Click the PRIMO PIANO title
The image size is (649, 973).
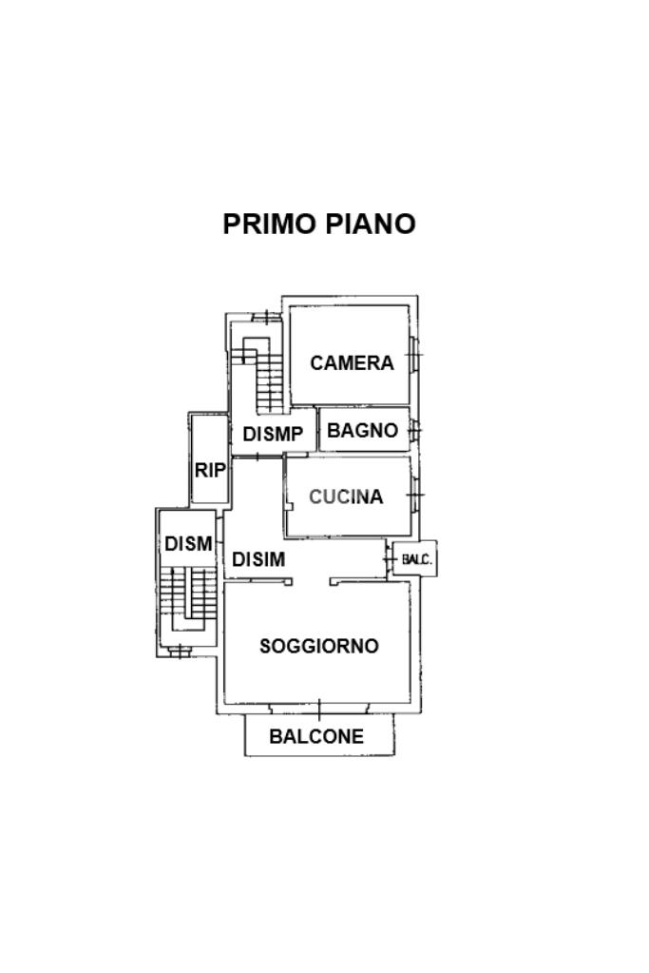(x=318, y=224)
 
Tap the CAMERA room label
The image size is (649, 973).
(x=352, y=363)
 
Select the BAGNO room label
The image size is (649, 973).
(x=362, y=430)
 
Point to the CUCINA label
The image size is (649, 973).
(x=346, y=496)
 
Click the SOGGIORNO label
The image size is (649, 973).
(x=318, y=646)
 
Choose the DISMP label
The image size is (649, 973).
(x=273, y=435)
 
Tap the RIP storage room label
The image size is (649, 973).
(x=210, y=471)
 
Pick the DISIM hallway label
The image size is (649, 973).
(x=258, y=559)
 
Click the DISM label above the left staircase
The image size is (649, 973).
(x=188, y=544)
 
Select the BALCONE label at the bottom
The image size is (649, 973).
(x=316, y=736)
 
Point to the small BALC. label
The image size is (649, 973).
(x=416, y=559)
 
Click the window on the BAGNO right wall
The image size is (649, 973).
(x=414, y=429)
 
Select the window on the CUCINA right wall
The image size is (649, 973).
(x=414, y=496)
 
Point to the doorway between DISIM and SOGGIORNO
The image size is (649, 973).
(x=311, y=581)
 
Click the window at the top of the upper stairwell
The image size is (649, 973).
(x=266, y=317)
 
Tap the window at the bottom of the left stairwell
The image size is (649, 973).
(x=180, y=652)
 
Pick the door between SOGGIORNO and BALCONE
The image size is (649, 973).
(x=319, y=707)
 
